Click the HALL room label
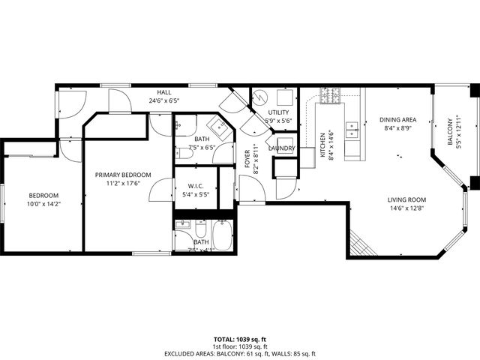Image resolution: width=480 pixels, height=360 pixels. click(165, 91)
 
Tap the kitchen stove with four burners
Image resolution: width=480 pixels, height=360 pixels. click(331, 95)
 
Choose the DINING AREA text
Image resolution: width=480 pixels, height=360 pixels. click(397, 119)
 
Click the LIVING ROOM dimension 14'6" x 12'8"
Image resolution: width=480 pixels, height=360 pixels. click(406, 209)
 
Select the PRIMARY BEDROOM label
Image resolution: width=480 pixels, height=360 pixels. click(122, 175)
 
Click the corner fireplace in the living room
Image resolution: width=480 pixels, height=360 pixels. click(358, 243)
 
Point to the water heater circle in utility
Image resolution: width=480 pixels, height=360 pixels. click(259, 97)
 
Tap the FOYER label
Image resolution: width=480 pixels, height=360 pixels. click(247, 159)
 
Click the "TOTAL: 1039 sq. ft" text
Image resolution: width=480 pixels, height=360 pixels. click(239, 340)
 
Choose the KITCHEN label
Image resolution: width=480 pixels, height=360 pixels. click(322, 145)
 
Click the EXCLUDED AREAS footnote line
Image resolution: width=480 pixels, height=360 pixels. click(239, 353)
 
